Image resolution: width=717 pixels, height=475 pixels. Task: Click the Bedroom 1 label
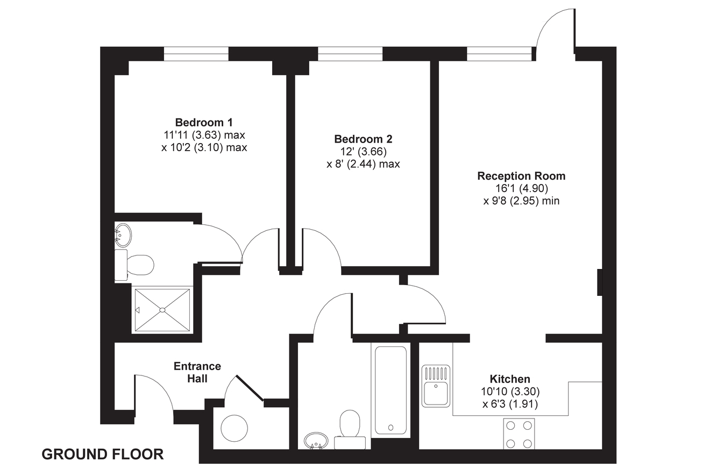pyautogui.click(x=204, y=122)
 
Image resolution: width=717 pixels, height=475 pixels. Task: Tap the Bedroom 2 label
pyautogui.click(x=363, y=139)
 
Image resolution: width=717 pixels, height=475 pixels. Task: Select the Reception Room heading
pyautogui.click(x=521, y=176)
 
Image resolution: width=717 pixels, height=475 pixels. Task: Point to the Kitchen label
pyautogui.click(x=510, y=379)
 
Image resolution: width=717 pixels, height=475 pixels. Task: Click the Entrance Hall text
pyautogui.click(x=197, y=372)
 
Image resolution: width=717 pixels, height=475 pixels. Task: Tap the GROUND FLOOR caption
pyautogui.click(x=103, y=455)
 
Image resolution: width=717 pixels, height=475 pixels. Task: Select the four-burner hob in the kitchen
pyautogui.click(x=519, y=434)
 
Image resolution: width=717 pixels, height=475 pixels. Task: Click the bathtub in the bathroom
pyautogui.click(x=391, y=391)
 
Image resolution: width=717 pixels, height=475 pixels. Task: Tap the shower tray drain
pyautogui.click(x=162, y=310)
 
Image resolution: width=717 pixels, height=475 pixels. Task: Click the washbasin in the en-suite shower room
pyautogui.click(x=123, y=235)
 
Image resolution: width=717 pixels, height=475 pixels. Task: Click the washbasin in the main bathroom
pyautogui.click(x=316, y=441)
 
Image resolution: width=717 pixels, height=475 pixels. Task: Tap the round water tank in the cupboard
pyautogui.click(x=235, y=428)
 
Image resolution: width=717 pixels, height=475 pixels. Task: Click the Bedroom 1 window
pyautogui.click(x=196, y=54)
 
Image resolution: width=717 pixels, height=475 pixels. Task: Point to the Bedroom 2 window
pyautogui.click(x=350, y=54)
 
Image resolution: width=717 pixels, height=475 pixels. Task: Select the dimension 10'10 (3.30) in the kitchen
pyautogui.click(x=510, y=392)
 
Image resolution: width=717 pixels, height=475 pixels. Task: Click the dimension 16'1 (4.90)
pyautogui.click(x=522, y=188)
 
